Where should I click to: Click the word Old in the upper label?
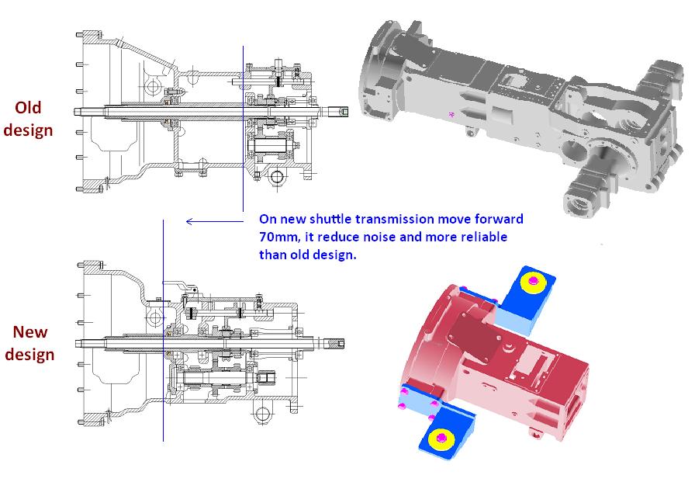tap(28, 107)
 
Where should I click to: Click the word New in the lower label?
tap(30, 331)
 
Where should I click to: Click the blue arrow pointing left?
tap(215, 221)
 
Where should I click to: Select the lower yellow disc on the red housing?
tap(441, 438)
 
